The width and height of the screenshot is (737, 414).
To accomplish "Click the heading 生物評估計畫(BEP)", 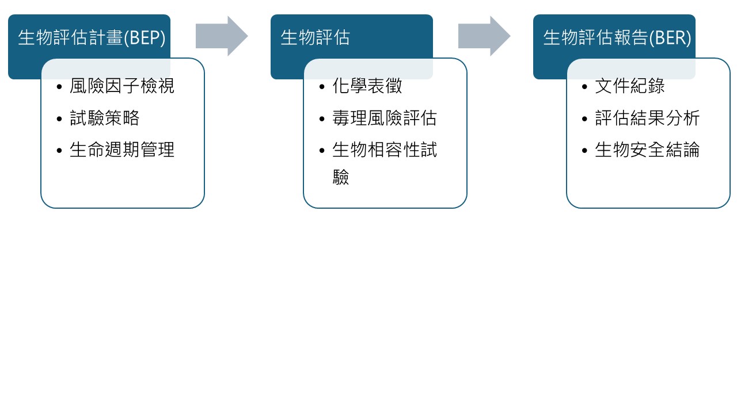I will (92, 38).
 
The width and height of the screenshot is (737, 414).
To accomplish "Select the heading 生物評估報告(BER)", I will (617, 38).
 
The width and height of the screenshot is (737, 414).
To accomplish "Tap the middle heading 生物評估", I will (315, 38).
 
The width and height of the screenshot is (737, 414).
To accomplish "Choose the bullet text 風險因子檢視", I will (122, 86).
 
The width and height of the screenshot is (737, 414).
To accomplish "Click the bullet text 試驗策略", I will (104, 118).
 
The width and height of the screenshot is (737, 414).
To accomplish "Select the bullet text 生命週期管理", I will (122, 150).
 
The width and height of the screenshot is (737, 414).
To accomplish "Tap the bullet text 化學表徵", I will (367, 86).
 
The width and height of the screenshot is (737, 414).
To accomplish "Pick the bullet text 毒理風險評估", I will (385, 118).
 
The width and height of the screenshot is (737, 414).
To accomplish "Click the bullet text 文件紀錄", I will (630, 86).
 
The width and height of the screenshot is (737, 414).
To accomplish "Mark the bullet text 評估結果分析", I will (647, 118).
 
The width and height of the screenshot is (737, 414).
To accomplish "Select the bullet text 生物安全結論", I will (647, 150).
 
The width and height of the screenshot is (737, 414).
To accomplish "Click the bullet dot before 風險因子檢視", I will (60, 87).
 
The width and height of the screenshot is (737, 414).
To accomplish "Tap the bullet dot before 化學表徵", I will (322, 87).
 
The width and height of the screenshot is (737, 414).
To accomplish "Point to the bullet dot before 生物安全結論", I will (585, 151).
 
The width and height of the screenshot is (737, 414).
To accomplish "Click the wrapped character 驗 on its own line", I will (341, 177).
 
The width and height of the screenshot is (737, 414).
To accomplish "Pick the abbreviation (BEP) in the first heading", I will (145, 38).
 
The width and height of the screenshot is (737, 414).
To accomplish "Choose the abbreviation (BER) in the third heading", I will (671, 38).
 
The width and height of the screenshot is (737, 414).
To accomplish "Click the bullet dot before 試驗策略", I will (60, 119).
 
